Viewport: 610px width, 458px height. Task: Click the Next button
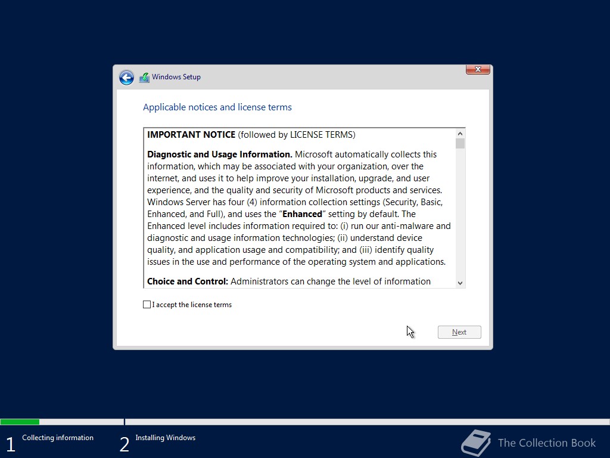click(x=459, y=332)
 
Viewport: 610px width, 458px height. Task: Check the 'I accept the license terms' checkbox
click(x=147, y=305)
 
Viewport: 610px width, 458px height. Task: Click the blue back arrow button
click(x=126, y=78)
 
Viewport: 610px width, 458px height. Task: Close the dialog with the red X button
click(x=478, y=70)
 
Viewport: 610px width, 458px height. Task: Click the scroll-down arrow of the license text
click(x=460, y=283)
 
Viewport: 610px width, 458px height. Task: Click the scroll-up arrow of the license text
click(x=460, y=134)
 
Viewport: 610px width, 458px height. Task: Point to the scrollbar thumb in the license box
click(x=460, y=144)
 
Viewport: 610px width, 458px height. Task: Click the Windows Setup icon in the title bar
click(x=144, y=78)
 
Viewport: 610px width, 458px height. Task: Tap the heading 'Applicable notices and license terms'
click(x=217, y=107)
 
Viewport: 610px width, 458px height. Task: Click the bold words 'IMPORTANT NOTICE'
click(x=191, y=135)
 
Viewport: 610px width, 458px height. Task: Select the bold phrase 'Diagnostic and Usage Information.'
click(x=220, y=154)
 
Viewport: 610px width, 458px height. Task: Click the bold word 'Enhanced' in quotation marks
click(x=302, y=214)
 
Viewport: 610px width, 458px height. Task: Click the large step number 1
click(x=10, y=444)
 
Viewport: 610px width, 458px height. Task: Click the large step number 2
click(x=124, y=444)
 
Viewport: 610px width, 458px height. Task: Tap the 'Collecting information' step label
click(x=58, y=438)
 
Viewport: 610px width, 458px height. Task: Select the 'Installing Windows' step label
click(x=165, y=438)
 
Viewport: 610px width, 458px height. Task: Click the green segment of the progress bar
click(x=20, y=422)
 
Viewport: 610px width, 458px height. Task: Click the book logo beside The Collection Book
click(x=476, y=443)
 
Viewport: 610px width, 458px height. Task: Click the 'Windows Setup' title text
click(x=176, y=77)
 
